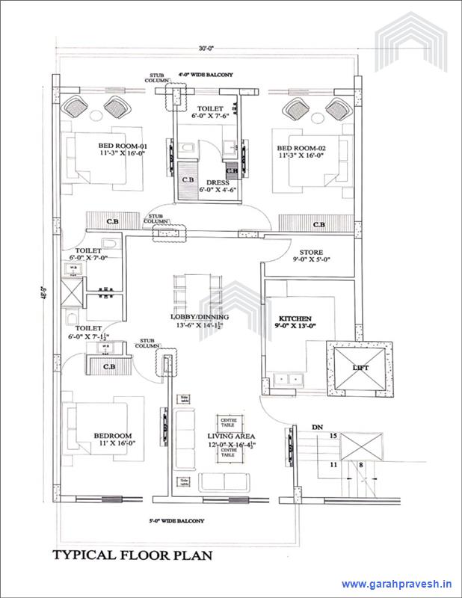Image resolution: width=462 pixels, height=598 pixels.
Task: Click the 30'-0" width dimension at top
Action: (x=206, y=49)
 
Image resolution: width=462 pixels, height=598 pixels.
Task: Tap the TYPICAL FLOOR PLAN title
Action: (x=132, y=555)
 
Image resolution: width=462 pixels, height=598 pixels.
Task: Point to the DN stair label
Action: (x=317, y=427)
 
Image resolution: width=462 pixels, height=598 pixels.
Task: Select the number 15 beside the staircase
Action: (x=334, y=435)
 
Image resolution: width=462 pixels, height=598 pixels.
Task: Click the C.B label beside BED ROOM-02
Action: (x=319, y=225)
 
